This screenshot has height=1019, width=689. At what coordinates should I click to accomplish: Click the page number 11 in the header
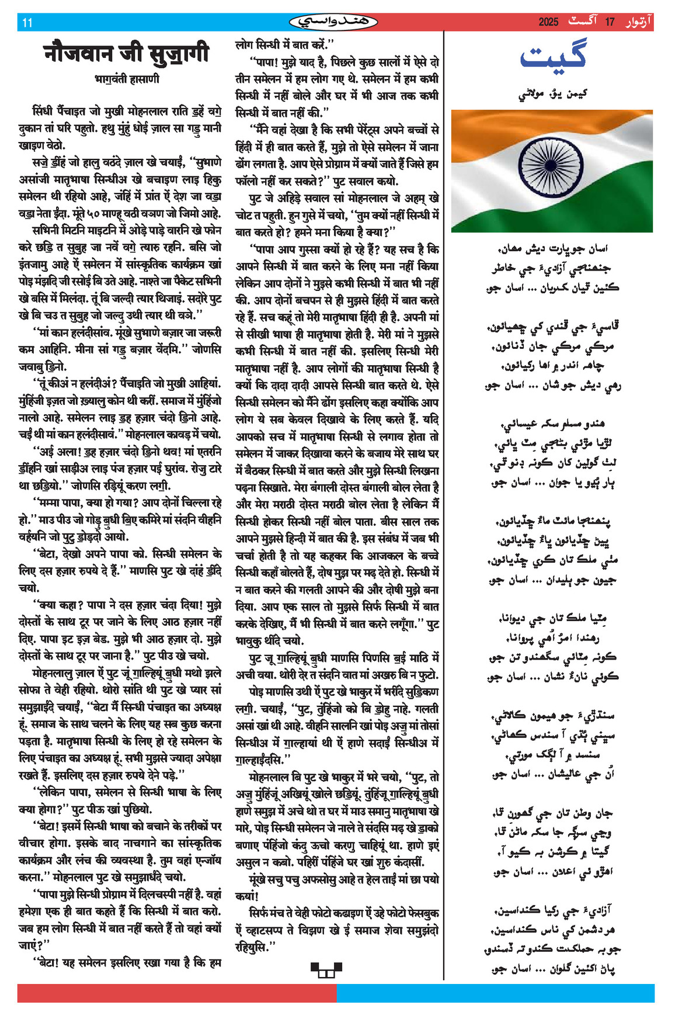(x=27, y=23)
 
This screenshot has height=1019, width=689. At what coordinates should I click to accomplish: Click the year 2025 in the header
(x=548, y=22)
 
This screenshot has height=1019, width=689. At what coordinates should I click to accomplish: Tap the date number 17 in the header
(x=610, y=22)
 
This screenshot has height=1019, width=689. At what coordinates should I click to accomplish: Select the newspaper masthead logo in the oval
(x=333, y=22)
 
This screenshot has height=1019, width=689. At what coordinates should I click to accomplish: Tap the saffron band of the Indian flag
(x=496, y=126)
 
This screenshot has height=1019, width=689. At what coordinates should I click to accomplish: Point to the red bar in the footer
(x=175, y=993)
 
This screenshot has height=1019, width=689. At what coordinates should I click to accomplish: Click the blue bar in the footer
(x=496, y=993)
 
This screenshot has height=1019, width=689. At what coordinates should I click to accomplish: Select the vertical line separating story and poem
(x=445, y=467)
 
